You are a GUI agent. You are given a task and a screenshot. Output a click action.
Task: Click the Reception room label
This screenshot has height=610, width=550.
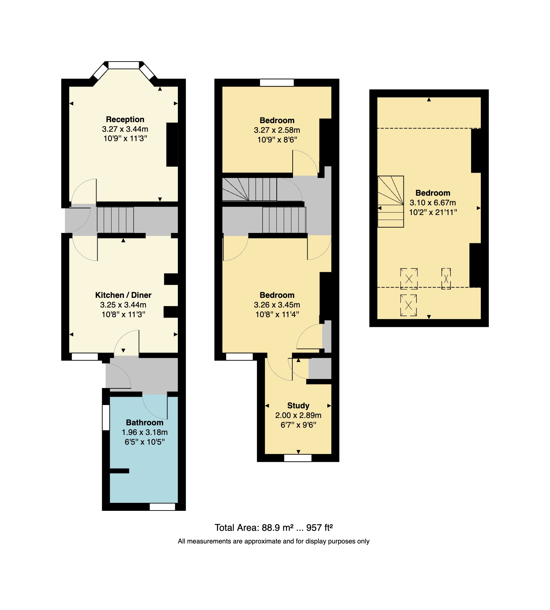click(x=125, y=119)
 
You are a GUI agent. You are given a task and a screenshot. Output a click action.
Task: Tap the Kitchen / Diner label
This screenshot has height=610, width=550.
click(x=123, y=295)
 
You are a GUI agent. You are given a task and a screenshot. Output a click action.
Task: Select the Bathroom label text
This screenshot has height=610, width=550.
click(x=144, y=423)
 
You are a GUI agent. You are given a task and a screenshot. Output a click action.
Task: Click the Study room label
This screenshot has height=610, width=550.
click(x=298, y=406)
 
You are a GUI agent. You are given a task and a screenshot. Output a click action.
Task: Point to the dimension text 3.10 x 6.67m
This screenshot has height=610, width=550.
click(x=432, y=203)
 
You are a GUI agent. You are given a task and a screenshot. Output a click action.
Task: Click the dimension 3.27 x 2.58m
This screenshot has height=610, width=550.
click(x=277, y=130)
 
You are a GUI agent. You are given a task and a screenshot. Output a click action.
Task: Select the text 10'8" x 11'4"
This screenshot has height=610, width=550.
click(x=277, y=314)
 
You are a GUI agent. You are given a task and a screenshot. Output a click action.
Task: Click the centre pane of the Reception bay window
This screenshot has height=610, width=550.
click(x=124, y=65)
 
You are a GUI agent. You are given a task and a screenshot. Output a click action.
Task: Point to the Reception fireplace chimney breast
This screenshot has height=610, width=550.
click(x=172, y=145)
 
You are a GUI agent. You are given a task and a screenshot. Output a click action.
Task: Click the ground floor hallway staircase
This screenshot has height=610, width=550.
click(x=115, y=220)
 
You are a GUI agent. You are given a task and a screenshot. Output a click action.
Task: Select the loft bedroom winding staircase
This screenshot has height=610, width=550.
click(x=391, y=201)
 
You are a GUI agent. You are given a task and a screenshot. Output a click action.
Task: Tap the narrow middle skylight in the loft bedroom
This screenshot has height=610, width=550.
click(x=446, y=279)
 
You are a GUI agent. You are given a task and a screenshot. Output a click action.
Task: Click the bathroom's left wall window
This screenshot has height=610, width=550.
click(x=106, y=417)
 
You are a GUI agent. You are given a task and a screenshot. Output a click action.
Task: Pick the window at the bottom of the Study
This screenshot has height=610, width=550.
click(x=298, y=458)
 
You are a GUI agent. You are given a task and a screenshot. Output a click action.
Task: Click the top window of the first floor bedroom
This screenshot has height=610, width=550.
click(x=277, y=83)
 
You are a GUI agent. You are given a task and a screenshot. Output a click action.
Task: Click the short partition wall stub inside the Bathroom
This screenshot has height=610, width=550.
click(x=120, y=471)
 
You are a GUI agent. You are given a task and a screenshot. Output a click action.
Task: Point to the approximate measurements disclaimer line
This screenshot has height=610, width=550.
click(x=273, y=541)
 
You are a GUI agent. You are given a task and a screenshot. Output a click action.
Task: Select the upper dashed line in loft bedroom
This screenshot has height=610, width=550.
click(x=429, y=128)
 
